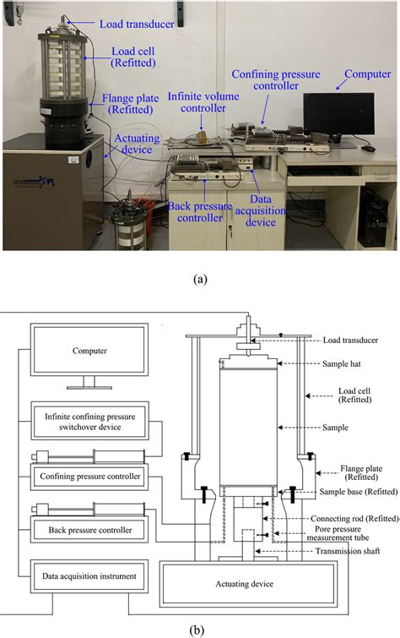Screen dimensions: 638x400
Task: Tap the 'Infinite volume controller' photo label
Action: [202, 101]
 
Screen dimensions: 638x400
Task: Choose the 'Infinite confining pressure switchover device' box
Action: [84, 420]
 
